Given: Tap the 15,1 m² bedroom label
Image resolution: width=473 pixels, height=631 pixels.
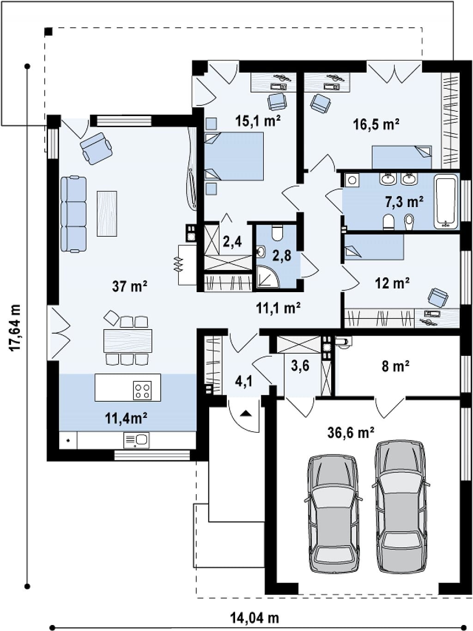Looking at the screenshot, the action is pos(258,121).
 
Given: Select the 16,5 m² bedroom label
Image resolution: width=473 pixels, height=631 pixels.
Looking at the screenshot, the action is pos(376,124).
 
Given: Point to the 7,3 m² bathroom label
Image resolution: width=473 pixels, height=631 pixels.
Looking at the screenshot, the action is pos(404,202).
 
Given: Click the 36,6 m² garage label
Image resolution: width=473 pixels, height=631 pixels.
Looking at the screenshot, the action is pos(351,432).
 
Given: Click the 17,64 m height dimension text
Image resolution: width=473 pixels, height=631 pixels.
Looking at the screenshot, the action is pos(15,327).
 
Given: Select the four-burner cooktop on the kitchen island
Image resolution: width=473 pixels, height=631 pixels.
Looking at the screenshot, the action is pos(142,390).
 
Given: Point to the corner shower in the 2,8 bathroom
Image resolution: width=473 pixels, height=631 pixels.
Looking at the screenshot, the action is pos(267,276).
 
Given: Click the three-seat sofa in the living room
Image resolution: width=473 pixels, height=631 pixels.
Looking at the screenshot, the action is pos(73,214).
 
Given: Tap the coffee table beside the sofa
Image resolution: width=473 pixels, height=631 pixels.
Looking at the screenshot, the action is pos(107,214).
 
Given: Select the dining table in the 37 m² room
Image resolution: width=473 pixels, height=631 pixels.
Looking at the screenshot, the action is pos(128,341).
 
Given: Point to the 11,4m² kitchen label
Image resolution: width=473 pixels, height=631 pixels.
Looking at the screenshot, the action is pos(126,418).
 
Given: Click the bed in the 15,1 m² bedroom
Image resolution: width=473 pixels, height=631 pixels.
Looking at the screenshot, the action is pos(234,156).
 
